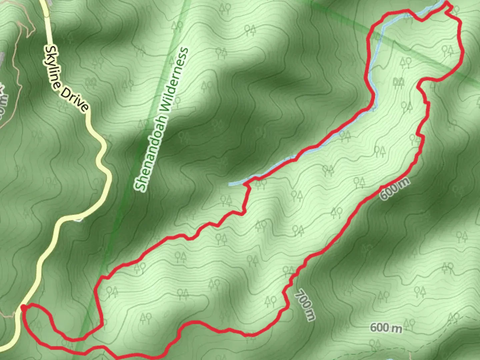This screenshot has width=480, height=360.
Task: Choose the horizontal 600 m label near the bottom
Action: (x=386, y=328)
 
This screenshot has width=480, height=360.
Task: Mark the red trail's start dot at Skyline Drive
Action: (x=23, y=307)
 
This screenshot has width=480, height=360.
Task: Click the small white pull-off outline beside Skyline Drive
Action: (x=78, y=219)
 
